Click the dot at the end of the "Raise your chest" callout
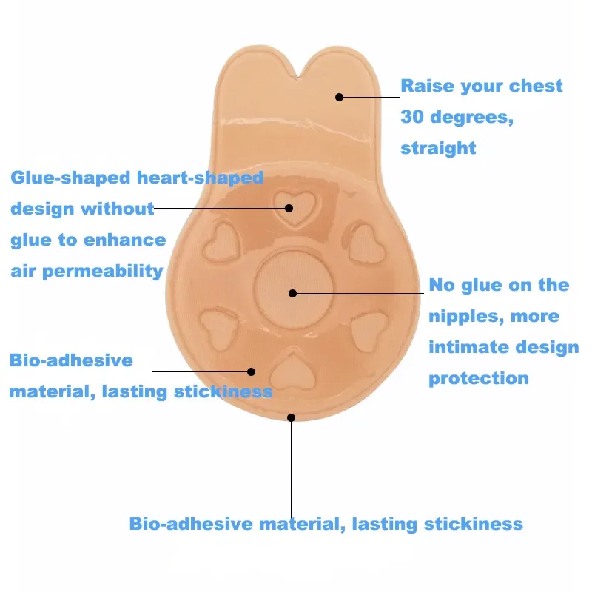pyautogui.click(x=339, y=97)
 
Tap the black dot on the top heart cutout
pyautogui.click(x=289, y=209)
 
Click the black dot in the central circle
pyautogui.click(x=292, y=293)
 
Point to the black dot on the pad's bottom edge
pyautogui.click(x=291, y=418)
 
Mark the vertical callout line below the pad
pyautogui.click(x=291, y=466)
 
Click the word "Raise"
pyautogui.click(x=426, y=86)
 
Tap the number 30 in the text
pyautogui.click(x=412, y=117)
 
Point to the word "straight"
pyautogui.click(x=438, y=148)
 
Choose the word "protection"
pyautogui.click(x=478, y=379)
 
